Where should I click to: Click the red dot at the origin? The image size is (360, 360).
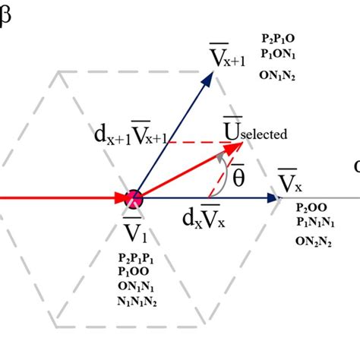click(x=134, y=199)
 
